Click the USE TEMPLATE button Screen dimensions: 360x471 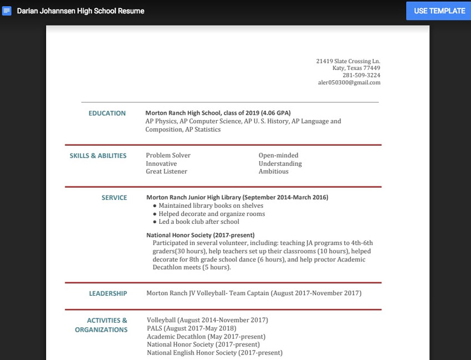tap(439, 11)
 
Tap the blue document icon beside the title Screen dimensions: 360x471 tap(7, 11)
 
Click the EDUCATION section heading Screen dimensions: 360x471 tap(107, 113)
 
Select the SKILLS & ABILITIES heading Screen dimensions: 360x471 tap(98, 156)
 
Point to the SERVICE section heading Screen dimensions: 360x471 tap(114, 198)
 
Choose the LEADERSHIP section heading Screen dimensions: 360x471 tap(108, 294)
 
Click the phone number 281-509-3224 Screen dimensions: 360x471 tap(361, 75)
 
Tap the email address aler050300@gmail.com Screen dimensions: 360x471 tap(349, 83)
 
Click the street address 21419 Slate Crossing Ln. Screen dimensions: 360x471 tap(348, 61)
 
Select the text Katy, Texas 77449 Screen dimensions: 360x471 tap(356, 68)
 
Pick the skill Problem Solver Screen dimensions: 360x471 tap(168, 156)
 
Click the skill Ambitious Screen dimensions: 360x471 tap(273, 172)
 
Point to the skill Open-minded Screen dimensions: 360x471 tap(278, 156)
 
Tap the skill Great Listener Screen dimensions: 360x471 tap(166, 172)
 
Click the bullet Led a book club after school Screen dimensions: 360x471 tap(199, 222)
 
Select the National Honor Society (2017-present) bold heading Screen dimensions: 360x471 tap(200, 235)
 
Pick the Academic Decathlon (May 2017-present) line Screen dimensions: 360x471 tap(206, 337)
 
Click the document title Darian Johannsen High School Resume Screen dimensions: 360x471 tap(80, 11)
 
